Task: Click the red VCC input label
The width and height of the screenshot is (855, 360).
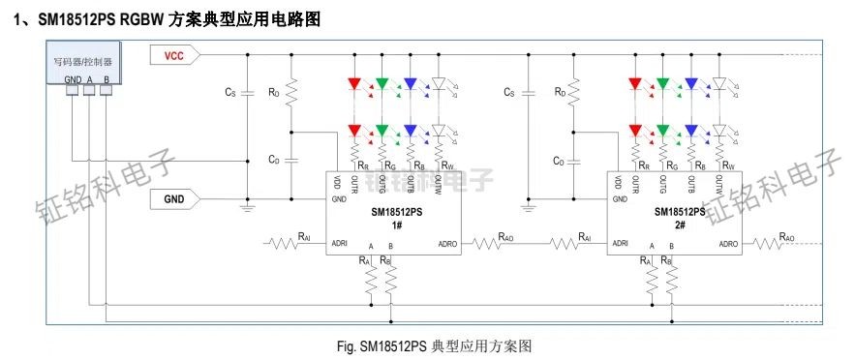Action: pos(173,56)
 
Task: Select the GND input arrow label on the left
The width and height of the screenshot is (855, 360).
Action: pos(173,200)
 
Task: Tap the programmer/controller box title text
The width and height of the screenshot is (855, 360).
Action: pos(82,61)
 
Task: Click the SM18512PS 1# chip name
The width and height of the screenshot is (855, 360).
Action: pos(397,212)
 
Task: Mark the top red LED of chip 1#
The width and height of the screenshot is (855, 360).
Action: pos(354,85)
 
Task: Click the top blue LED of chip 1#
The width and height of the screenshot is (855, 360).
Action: pos(411,85)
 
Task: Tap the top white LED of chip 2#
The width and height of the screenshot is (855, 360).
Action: pos(719,85)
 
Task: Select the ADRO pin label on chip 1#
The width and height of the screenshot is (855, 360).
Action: pos(448,243)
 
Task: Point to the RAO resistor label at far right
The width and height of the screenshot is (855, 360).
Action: pos(787,235)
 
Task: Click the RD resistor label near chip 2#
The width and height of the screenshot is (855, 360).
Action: pos(560,92)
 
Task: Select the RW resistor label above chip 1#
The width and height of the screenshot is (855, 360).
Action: pos(446,165)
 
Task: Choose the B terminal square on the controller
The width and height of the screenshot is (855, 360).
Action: pos(106,90)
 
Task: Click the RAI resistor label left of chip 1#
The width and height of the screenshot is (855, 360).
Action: pos(305,235)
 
